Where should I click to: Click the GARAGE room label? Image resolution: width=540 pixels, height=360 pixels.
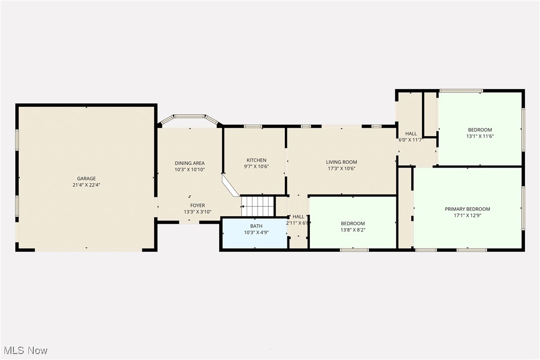pyautogui.click(x=86, y=179)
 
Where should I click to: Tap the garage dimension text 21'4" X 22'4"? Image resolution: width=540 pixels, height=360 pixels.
pyautogui.click(x=86, y=185)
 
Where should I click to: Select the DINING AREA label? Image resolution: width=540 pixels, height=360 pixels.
pyautogui.click(x=189, y=163)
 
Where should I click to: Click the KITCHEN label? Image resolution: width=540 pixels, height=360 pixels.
pyautogui.click(x=257, y=160)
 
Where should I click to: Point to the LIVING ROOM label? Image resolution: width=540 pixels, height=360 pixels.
pyautogui.click(x=342, y=162)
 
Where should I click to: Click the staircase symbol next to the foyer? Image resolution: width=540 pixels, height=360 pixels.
pyautogui.click(x=258, y=206)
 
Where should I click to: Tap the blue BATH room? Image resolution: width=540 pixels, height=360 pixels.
pyautogui.click(x=254, y=234)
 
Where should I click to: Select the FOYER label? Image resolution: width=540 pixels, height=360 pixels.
pyautogui.click(x=197, y=205)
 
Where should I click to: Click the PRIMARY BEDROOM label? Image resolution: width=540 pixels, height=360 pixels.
pyautogui.click(x=467, y=209)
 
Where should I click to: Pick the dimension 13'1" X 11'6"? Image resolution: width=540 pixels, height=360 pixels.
pyautogui.click(x=480, y=136)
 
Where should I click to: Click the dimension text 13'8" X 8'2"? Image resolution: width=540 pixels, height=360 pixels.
pyautogui.click(x=353, y=230)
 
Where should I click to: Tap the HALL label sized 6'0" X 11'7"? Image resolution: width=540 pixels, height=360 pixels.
pyautogui.click(x=411, y=134)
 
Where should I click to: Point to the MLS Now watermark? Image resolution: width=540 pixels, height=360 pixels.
pyautogui.click(x=24, y=351)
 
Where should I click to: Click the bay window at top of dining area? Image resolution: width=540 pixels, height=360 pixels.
pyautogui.click(x=189, y=117)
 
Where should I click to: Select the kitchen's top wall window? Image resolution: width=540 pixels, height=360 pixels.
pyautogui.click(x=253, y=126)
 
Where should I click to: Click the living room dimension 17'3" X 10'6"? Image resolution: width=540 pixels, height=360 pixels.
pyautogui.click(x=342, y=168)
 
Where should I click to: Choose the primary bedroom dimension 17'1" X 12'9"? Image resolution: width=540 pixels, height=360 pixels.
pyautogui.click(x=467, y=215)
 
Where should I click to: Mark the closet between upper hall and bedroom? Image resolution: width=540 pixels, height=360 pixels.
pyautogui.click(x=430, y=114)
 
